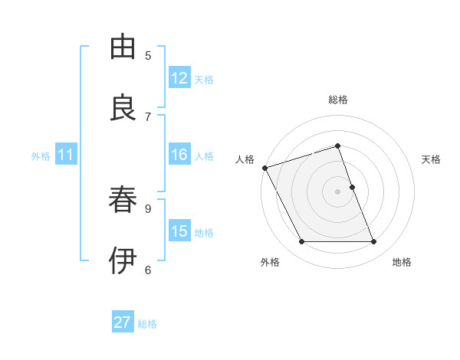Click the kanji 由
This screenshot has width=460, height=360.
(x=123, y=47)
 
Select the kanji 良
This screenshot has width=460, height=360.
(x=123, y=108)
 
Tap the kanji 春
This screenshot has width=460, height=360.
(x=123, y=200)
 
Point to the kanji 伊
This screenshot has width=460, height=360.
(x=123, y=260)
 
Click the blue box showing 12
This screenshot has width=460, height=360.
(x=179, y=78)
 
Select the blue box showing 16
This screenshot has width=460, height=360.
(x=179, y=155)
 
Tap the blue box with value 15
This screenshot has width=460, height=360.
(x=179, y=231)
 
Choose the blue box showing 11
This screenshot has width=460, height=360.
(x=66, y=155)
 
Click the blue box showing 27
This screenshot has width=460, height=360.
(x=123, y=322)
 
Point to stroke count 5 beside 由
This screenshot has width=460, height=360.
(x=148, y=55)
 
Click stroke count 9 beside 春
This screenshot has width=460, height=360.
(x=148, y=208)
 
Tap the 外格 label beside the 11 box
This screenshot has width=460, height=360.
(x=41, y=155)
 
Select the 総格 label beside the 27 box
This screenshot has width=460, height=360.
(x=147, y=323)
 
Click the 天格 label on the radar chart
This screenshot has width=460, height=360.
(x=431, y=159)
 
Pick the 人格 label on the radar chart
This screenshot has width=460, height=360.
(x=245, y=159)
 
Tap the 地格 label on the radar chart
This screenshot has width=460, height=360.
(x=402, y=262)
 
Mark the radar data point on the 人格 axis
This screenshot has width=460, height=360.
(x=264, y=168)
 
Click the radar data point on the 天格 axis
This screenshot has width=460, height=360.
(x=352, y=187)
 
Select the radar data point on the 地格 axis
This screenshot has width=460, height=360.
(x=374, y=242)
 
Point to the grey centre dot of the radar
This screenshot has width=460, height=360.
(x=338, y=191)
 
